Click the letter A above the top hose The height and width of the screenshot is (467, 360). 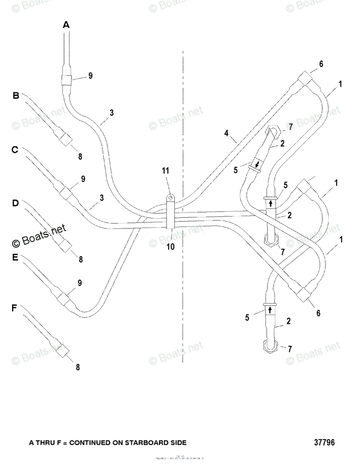pyautogui.click(x=66, y=25)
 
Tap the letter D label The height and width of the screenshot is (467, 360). pyautogui.click(x=15, y=203)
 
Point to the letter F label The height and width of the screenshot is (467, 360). pyautogui.click(x=14, y=308)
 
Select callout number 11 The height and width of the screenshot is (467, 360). pyautogui.click(x=166, y=170)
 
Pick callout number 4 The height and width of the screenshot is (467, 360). pyautogui.click(x=226, y=133)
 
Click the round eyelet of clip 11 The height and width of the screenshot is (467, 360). pyautogui.click(x=170, y=198)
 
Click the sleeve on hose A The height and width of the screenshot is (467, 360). pyautogui.click(x=67, y=80)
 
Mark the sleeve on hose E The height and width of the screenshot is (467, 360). pyautogui.click(x=64, y=299)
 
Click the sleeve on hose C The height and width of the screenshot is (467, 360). pyautogui.click(x=66, y=192)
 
